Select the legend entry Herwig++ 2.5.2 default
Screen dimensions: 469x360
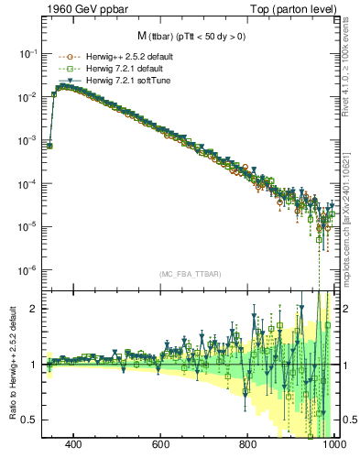pyautogui.click(x=123, y=56)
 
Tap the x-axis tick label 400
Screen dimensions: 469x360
pyautogui.click(x=74, y=446)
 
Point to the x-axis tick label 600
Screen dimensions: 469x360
pyautogui.click(x=161, y=446)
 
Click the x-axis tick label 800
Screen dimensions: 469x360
pyautogui.click(x=248, y=446)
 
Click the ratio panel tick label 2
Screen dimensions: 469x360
pyautogui.click(x=33, y=309)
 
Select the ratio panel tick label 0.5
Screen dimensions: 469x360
pyautogui.click(x=29, y=420)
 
